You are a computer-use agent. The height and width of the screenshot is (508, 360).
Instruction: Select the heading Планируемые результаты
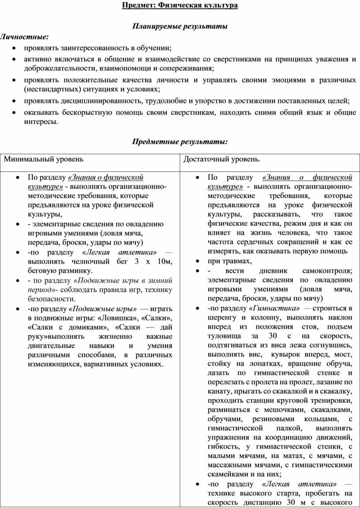tap(180, 26)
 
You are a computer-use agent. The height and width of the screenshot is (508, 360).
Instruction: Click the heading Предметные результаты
tap(180, 142)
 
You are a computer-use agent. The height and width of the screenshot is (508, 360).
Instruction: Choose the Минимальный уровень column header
tap(44, 159)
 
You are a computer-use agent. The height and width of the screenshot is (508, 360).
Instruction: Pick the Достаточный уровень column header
tap(222, 159)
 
